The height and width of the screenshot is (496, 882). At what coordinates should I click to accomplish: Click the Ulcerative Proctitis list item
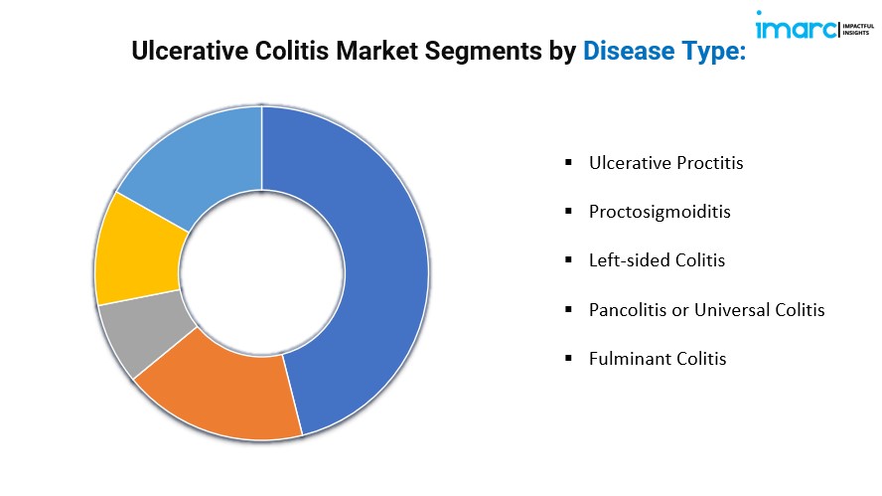click(666, 163)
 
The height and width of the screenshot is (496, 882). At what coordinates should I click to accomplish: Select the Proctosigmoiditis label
click(660, 213)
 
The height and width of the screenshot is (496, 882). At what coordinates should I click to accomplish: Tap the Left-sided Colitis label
click(657, 260)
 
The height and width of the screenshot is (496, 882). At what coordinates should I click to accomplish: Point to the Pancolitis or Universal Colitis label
click(706, 310)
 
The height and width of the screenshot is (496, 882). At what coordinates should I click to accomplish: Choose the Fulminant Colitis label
click(658, 359)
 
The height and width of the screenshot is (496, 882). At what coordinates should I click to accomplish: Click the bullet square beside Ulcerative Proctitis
click(569, 163)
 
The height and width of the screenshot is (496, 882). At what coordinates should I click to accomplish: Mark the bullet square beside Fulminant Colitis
click(569, 358)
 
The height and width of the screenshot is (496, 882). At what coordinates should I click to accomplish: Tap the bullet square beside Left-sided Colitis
click(569, 260)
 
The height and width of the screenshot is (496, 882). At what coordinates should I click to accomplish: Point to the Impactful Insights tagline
click(858, 29)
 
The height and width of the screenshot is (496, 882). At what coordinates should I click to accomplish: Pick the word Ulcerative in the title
click(190, 51)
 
